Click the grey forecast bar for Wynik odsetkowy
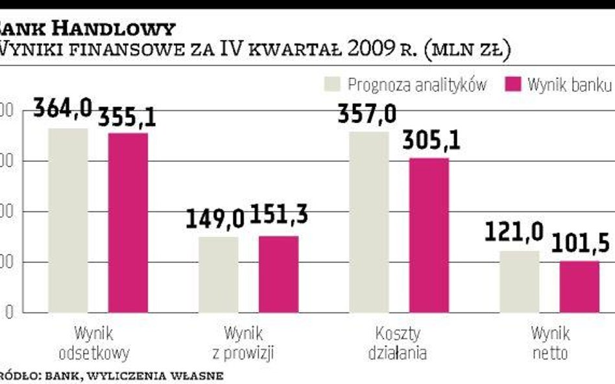pos(68,220)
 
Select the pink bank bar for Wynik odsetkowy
pos(128,223)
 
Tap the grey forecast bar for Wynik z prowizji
pos(219,275)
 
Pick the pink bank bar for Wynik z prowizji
pos(278,274)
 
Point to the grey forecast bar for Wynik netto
pos(520,282)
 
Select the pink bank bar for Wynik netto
pos(579,286)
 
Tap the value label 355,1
pos(127,117)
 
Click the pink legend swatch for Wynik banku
pos(512,84)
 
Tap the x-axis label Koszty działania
pos(398,344)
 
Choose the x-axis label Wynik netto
pos(550,344)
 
